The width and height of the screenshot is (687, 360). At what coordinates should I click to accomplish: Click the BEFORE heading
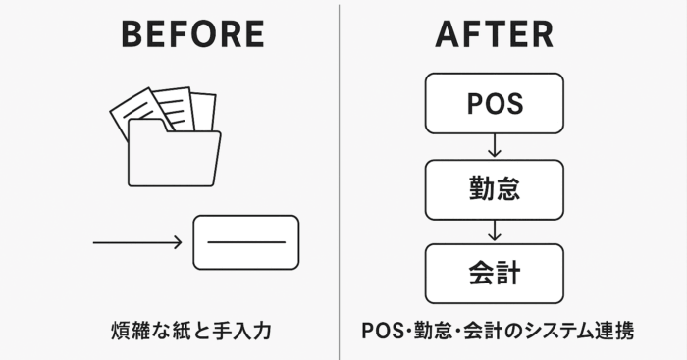coord(192,34)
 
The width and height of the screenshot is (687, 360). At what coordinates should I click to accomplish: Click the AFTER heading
coord(495,34)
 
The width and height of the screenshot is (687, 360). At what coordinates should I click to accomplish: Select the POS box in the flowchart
coord(494,103)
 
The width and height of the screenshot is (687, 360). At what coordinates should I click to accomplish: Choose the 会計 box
coord(494,273)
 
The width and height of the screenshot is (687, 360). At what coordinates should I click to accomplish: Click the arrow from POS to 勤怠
coord(495,145)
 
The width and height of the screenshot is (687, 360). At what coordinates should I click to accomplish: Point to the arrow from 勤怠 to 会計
coord(495,231)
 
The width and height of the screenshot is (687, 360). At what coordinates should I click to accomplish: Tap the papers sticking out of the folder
coord(162,108)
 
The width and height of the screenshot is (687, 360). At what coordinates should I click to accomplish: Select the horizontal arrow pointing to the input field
coord(137,242)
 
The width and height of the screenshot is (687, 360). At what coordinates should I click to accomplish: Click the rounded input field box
coord(246,242)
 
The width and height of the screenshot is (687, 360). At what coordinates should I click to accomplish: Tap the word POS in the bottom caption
coord(379,331)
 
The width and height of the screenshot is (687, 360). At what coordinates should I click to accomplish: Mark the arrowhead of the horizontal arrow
coord(178,242)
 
